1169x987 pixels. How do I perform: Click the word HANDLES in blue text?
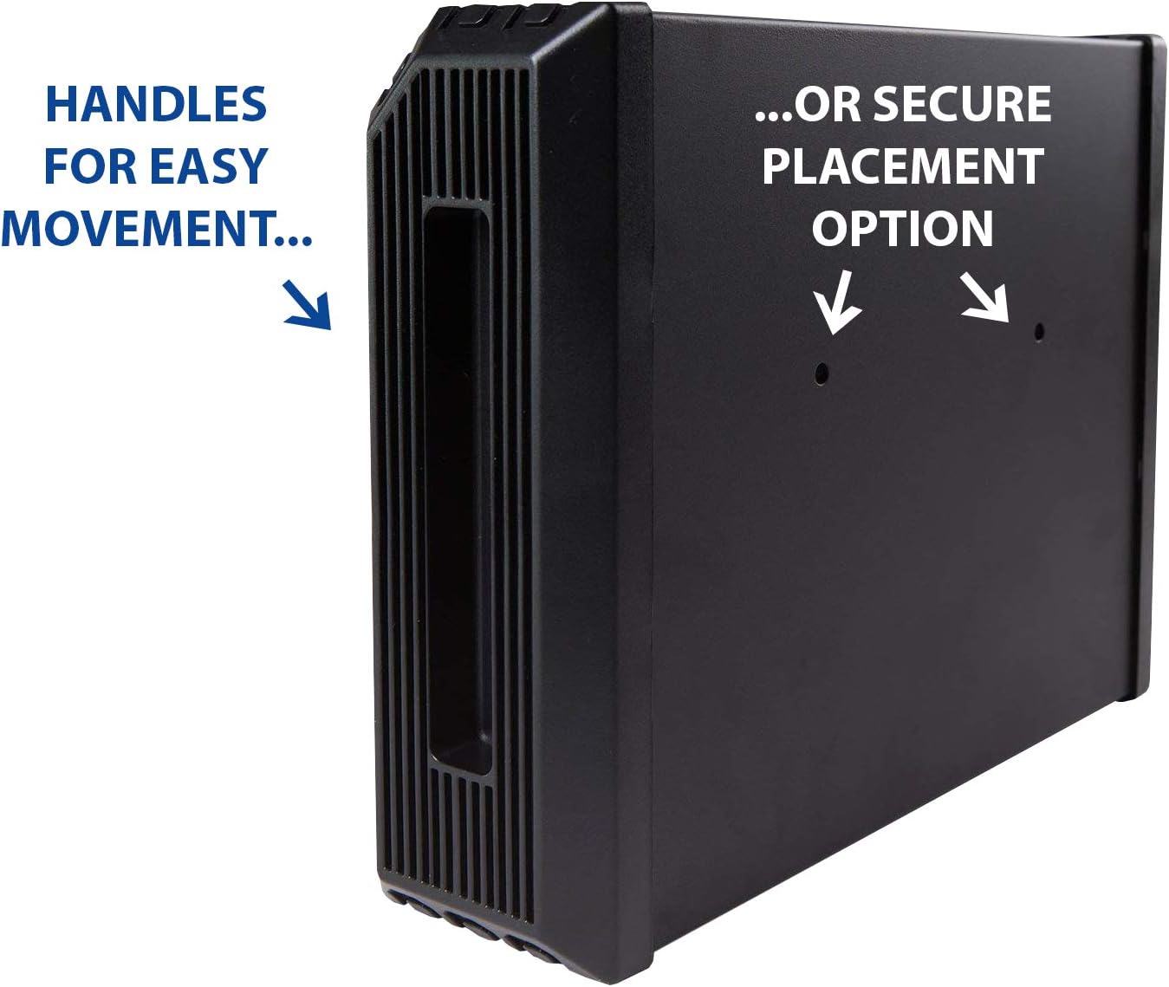(155, 104)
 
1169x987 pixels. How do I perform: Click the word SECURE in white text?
(961, 104)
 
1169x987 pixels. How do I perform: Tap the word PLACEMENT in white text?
(902, 166)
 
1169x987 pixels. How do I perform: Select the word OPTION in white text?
(902, 229)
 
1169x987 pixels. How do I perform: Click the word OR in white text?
(828, 104)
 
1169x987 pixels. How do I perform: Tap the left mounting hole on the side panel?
(822, 373)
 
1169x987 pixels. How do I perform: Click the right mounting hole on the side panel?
(1039, 331)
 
